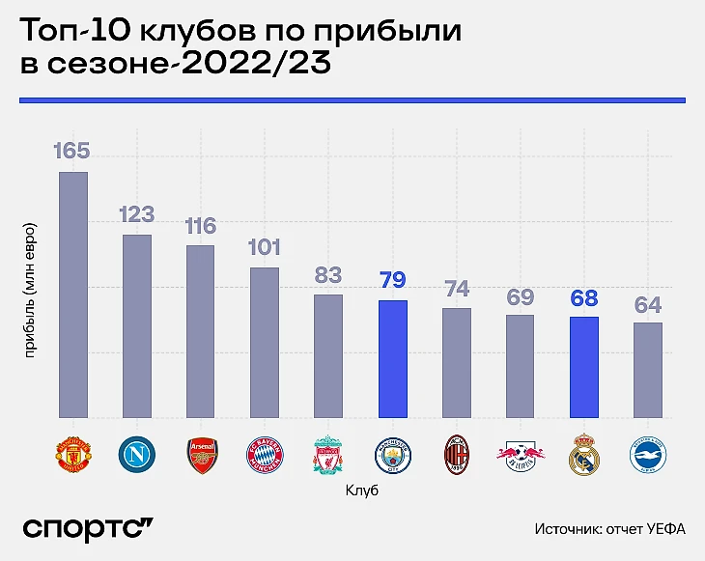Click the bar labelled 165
pyautogui.click(x=73, y=295)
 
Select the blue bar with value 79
pyautogui.click(x=392, y=359)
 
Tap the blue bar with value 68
pyautogui.click(x=584, y=367)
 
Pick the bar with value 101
pyautogui.click(x=265, y=343)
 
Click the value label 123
pyautogui.click(x=137, y=214)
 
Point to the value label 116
pyautogui.click(x=201, y=226)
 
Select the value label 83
pyautogui.click(x=328, y=275)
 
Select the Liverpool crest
pyautogui.click(x=328, y=455)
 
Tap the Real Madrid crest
pyautogui.click(x=584, y=455)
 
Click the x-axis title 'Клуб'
pyautogui.click(x=360, y=491)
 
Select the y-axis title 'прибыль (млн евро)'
pyautogui.click(x=30, y=290)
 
